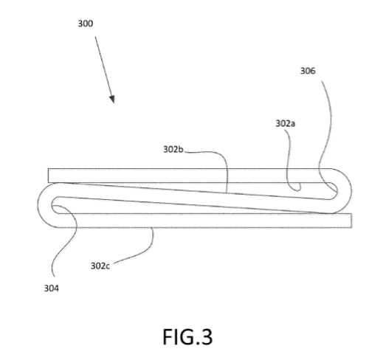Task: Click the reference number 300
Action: [x=86, y=24]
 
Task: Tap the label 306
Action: [x=308, y=71]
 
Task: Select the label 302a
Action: [x=285, y=123]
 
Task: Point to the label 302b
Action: [x=173, y=149]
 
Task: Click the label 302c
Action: [x=100, y=266]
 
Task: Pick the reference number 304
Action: [x=52, y=288]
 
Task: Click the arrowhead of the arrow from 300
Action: [x=112, y=99]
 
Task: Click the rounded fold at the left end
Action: [x=39, y=205]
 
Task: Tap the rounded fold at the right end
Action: [x=350, y=191]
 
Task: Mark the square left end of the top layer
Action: [x=49, y=176]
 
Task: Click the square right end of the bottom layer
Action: [x=351, y=221]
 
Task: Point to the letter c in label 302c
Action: [x=108, y=266]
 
